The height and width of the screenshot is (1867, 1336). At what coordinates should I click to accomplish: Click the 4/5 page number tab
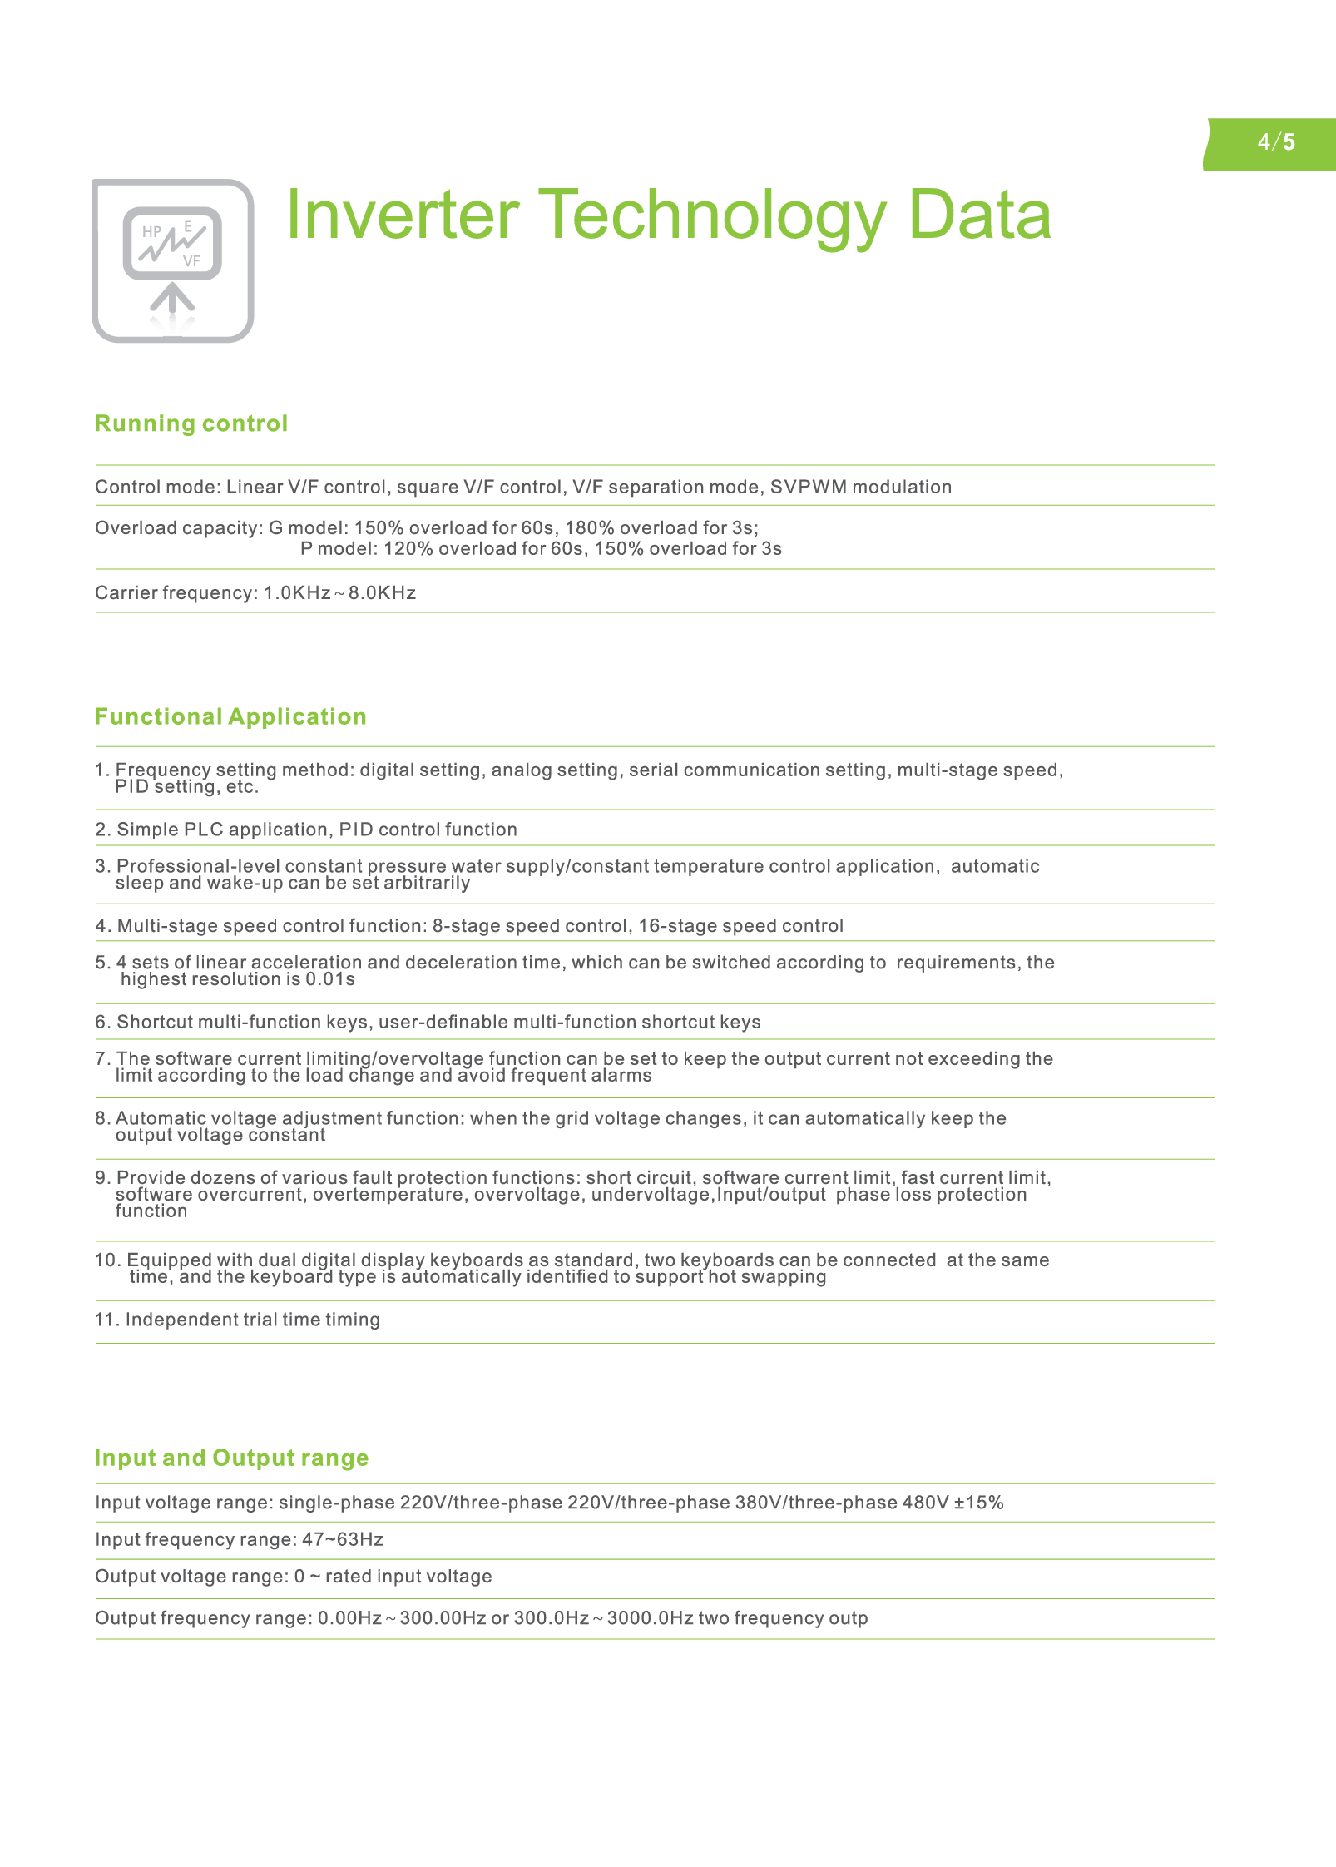1275,142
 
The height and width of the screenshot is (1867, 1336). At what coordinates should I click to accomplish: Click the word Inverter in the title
402,215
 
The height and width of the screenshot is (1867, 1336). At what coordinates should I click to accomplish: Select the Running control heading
191,423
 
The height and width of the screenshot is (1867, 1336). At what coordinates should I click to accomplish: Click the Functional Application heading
230,716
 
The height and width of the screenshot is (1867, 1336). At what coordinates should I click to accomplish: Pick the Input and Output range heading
231,1458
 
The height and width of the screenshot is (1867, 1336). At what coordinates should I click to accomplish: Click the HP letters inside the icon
151,232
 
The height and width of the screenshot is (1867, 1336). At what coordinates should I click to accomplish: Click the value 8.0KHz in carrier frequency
382,592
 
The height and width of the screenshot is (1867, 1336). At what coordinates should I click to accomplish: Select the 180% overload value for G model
589,527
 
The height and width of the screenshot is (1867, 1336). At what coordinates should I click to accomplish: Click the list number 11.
106,1320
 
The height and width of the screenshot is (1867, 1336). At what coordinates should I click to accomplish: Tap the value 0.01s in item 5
330,979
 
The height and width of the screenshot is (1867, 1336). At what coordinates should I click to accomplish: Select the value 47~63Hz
343,1539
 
